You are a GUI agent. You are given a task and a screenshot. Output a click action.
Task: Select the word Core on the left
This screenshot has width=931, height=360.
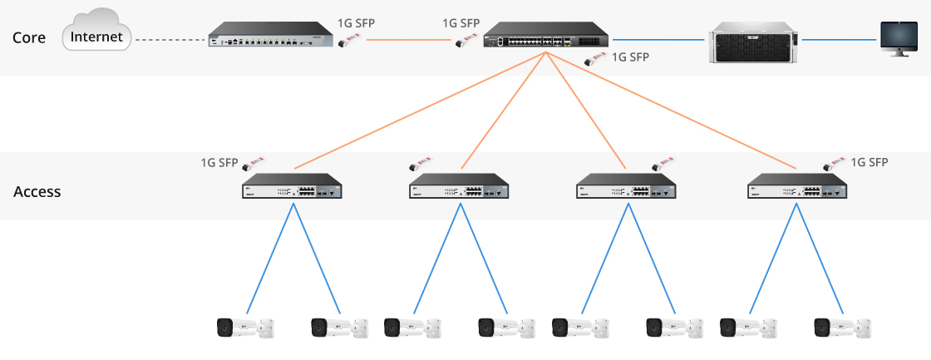click(30, 37)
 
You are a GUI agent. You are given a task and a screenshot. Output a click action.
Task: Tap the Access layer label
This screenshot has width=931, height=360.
click(37, 191)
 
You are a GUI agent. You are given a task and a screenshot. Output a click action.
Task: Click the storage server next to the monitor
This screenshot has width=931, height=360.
click(751, 39)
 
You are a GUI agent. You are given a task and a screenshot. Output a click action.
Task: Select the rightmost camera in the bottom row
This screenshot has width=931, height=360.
click(843, 327)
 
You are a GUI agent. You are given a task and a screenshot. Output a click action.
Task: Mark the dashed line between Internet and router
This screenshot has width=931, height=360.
click(170, 39)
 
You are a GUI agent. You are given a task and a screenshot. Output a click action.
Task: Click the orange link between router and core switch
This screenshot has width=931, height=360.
click(407, 39)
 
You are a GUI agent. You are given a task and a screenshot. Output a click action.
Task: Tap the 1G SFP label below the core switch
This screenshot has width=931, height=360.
click(629, 57)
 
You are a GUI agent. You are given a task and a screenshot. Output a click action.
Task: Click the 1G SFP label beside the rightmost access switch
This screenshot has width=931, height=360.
click(870, 162)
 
